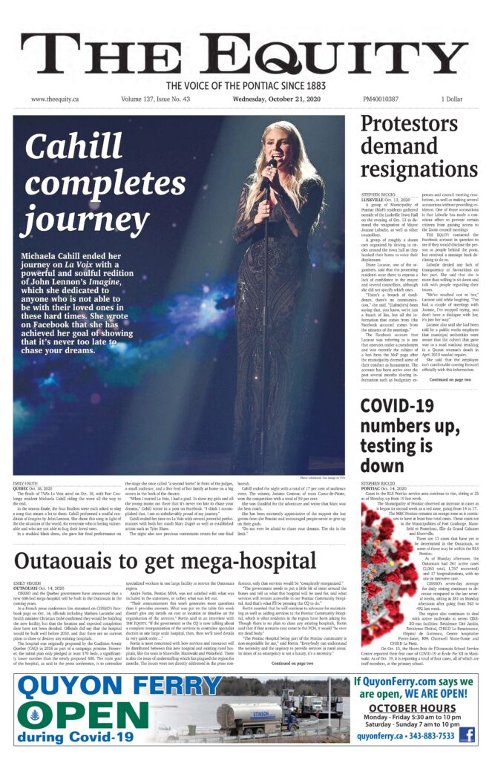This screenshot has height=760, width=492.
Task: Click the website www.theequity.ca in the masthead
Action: coord(55,99)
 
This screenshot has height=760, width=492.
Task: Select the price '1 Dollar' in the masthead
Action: coord(451,99)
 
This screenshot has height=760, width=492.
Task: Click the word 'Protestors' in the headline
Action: coord(410,126)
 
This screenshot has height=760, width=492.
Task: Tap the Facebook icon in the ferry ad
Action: coord(467,735)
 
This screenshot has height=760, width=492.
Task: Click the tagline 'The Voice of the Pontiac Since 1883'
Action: coord(246,85)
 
